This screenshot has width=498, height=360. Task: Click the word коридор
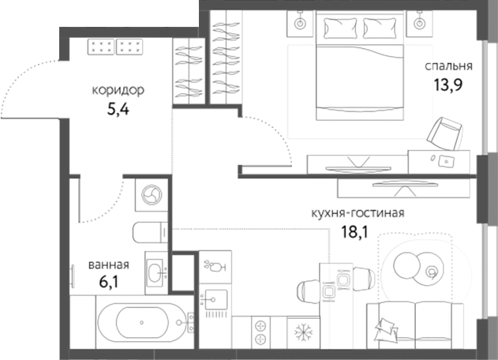coord(118,90)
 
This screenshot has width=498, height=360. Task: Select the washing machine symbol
coord(150,194)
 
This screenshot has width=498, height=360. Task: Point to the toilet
coord(148,233)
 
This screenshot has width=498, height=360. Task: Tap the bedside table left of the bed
coord(301,24)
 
